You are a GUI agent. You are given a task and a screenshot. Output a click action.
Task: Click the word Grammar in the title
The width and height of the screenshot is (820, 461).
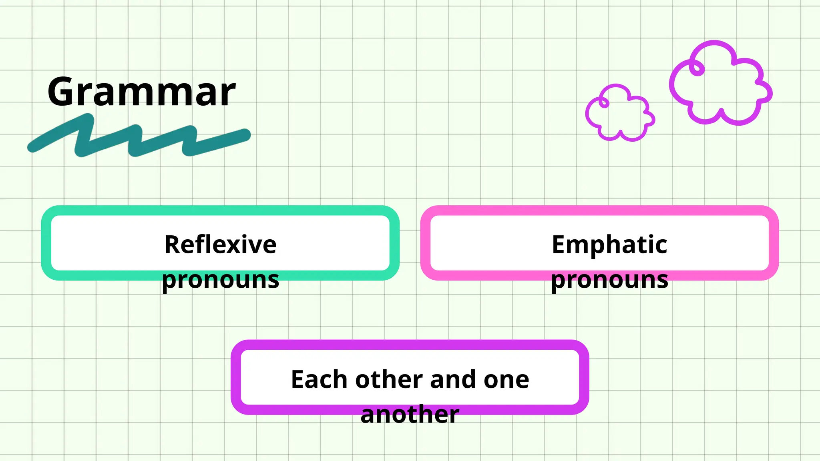coord(141,92)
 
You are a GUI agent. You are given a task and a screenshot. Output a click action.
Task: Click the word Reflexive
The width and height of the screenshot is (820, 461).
coord(220,245)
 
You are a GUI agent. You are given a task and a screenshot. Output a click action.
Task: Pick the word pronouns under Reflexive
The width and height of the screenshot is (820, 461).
coord(220,280)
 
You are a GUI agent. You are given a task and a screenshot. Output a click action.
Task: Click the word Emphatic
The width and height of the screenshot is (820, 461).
coord(609,245)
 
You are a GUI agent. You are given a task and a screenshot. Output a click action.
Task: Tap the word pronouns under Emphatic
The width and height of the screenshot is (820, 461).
coord(609,280)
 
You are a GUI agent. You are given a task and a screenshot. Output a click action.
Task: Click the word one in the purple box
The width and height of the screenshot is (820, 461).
coord(506,379)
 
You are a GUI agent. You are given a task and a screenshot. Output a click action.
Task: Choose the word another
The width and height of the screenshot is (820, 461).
coord(410,414)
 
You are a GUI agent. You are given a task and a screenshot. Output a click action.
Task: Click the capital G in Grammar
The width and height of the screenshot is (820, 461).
coord(64,92)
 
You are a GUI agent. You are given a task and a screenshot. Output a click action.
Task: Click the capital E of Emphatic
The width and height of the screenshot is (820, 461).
coord(560,245)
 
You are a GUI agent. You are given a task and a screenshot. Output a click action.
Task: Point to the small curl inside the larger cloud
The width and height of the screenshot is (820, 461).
coord(697,68)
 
